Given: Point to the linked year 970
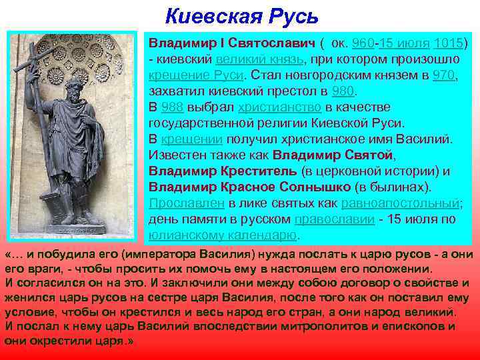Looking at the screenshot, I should [444, 75].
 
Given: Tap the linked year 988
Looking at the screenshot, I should [173, 107].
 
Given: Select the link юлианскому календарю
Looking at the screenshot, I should [223, 235].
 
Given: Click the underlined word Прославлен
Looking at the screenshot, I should [186, 203].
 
